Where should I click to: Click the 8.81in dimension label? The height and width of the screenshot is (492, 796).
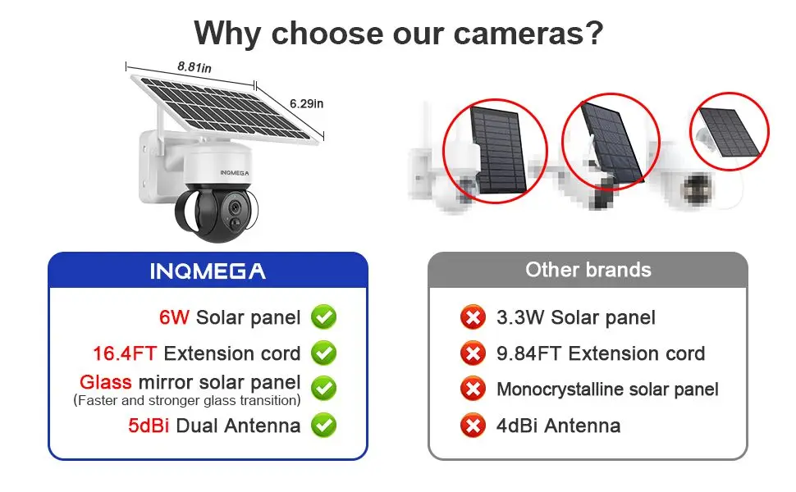tap(194, 67)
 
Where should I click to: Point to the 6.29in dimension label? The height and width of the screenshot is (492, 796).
tap(306, 103)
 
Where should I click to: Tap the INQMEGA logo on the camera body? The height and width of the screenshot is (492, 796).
tap(235, 173)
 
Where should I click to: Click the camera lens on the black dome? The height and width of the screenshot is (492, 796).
tap(235, 207)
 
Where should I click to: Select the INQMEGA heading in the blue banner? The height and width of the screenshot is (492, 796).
tap(208, 271)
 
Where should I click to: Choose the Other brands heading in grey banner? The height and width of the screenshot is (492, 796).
tap(588, 270)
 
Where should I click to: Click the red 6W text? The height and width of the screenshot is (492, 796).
tap(174, 317)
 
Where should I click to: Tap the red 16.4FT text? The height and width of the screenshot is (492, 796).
tap(125, 353)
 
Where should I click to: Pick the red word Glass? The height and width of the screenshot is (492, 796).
tap(106, 382)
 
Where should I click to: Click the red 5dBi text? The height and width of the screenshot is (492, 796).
tap(149, 426)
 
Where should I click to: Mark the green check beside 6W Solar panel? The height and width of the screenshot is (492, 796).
tap(324, 317)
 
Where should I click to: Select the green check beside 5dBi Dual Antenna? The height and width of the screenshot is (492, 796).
tap(324, 425)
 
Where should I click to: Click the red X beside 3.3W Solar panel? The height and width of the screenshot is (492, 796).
tap(473, 317)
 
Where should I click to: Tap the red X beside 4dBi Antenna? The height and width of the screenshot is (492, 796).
tap(473, 425)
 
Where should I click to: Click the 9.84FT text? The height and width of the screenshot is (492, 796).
tap(529, 353)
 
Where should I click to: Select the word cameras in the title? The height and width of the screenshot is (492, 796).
tap(528, 34)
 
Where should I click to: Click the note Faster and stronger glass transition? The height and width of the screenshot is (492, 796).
tap(187, 401)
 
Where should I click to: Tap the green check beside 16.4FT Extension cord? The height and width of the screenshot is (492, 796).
tap(324, 353)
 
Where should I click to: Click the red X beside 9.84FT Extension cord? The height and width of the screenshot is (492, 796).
tap(473, 353)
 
